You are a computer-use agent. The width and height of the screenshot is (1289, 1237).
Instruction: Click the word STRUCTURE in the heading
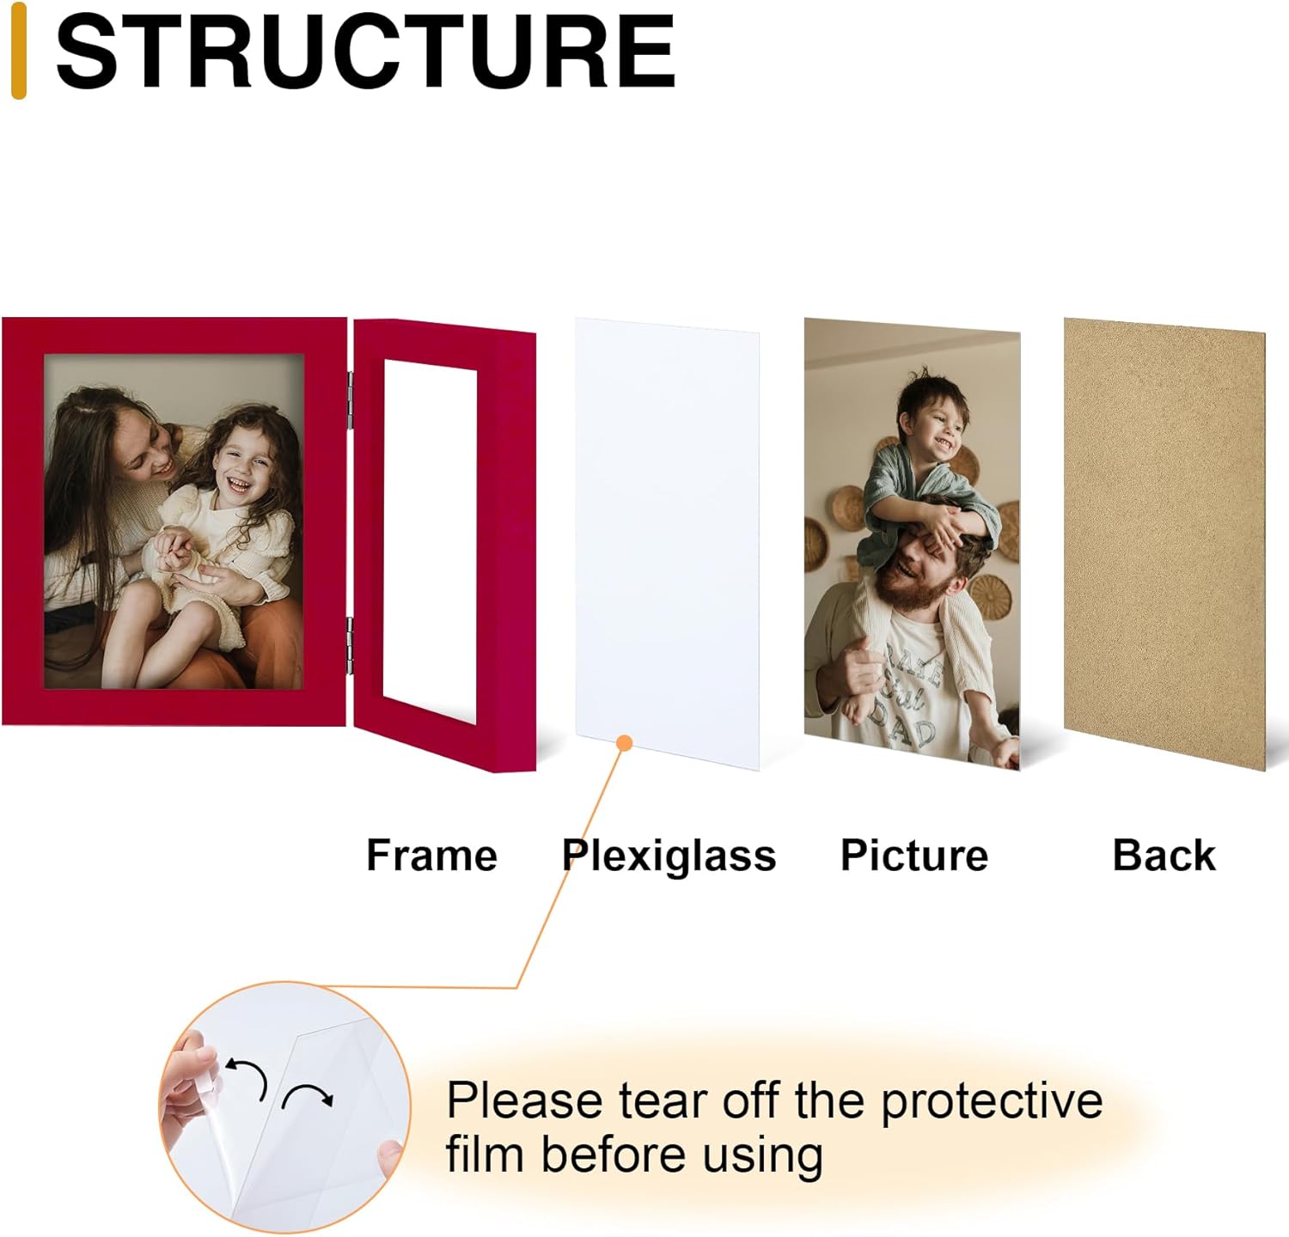click(365, 53)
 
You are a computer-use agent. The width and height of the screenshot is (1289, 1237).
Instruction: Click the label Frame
click(431, 856)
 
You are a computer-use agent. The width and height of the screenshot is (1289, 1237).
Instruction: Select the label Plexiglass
click(669, 856)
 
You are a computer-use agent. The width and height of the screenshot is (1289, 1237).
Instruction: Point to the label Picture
click(914, 856)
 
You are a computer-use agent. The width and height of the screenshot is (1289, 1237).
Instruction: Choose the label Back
click(1164, 856)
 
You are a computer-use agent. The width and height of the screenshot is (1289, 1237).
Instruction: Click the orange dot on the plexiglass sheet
click(625, 743)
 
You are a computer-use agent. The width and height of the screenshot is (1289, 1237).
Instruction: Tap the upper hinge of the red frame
click(350, 400)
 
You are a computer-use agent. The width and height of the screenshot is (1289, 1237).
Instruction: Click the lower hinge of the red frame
click(350, 644)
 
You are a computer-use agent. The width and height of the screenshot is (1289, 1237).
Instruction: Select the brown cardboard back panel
click(1164, 544)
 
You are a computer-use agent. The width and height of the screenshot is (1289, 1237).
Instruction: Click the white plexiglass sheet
click(667, 544)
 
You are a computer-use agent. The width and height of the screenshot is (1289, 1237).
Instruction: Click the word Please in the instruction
click(524, 1101)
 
